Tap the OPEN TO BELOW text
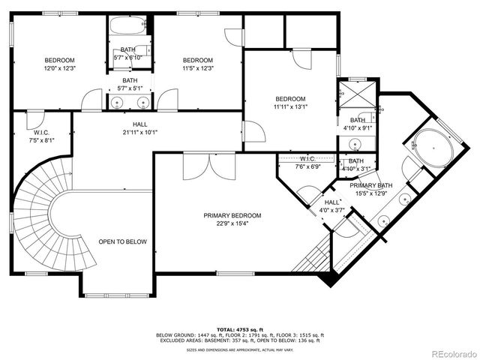point(123,241)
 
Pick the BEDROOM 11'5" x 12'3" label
point(198,64)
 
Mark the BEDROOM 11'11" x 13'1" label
point(290,103)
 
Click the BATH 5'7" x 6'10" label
point(127,54)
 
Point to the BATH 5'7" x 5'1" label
point(130,85)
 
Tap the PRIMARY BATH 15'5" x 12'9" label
point(371,190)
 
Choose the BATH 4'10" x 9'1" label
point(357,124)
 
